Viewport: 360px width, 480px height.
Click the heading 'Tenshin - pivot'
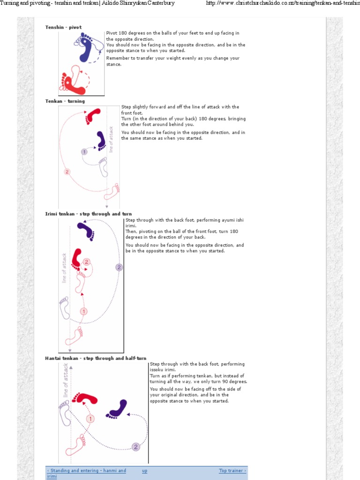pyautogui.click(x=63, y=27)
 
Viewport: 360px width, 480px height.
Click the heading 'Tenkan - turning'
pyautogui.click(x=65, y=101)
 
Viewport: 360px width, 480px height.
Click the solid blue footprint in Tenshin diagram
pyautogui.click(x=86, y=50)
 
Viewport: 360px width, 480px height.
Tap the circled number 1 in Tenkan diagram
pyautogui.click(x=84, y=151)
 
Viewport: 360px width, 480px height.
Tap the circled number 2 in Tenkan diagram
pyautogui.click(x=67, y=172)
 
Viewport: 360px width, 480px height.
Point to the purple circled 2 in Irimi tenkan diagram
pyautogui.click(x=119, y=267)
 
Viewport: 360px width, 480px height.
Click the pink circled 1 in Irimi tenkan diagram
pyautogui.click(x=84, y=311)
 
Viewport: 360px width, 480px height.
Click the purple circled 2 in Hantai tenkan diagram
pyautogui.click(x=136, y=447)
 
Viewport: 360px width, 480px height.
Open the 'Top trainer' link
pyautogui.click(x=232, y=471)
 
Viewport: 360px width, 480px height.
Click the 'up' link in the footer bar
pyautogui.click(x=144, y=471)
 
